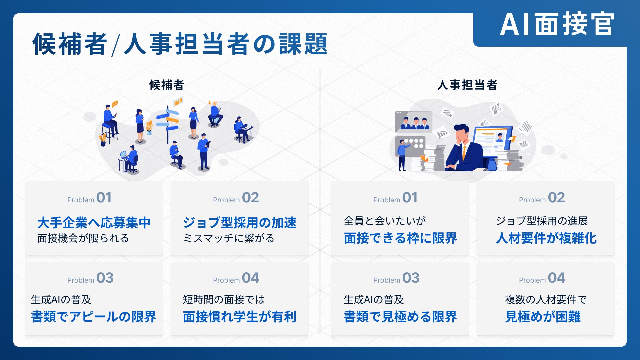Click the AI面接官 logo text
[557, 24]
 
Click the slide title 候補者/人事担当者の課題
[180, 44]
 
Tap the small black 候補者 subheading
[166, 85]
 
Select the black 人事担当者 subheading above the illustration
[467, 85]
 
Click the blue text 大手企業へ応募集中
[94, 223]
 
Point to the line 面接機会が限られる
[83, 238]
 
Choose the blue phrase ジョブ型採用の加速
[240, 223]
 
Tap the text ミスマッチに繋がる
[229, 238]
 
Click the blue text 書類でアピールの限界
[94, 317]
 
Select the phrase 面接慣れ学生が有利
[240, 317]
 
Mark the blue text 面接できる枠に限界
[400, 238]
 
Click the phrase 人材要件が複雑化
[546, 238]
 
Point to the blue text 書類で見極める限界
[400, 317]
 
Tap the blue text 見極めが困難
[543, 317]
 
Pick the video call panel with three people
[413, 122]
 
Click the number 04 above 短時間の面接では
[251, 278]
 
